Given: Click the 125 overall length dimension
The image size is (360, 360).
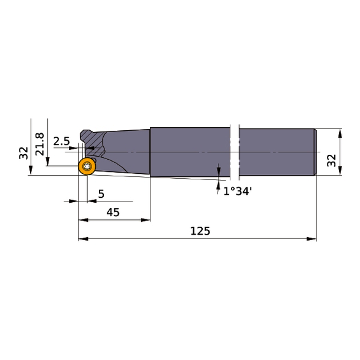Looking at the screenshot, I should [x=200, y=231].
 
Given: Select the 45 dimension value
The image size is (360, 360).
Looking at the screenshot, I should [x=112, y=212].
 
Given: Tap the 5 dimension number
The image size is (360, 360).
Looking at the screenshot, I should [x=101, y=194].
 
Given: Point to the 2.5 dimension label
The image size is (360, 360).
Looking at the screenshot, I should [x=61, y=141].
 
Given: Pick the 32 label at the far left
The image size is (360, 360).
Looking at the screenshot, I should [x=23, y=153].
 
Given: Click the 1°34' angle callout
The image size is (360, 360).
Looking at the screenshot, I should [x=237, y=191].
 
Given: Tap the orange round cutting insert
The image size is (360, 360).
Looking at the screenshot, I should [x=87, y=167].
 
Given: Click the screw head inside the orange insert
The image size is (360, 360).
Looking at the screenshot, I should [x=87, y=166].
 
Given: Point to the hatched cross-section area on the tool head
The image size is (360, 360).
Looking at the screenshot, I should [x=93, y=144].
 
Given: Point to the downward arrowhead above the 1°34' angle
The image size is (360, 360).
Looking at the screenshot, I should [x=219, y=170].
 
